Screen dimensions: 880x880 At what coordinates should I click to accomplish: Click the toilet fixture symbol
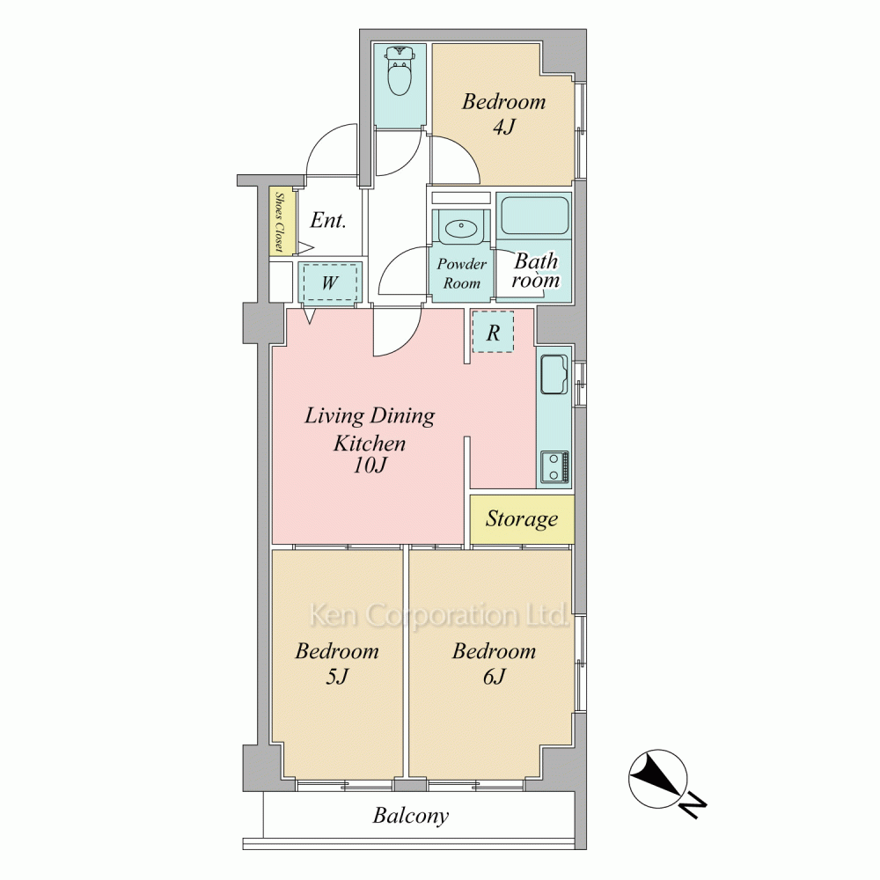400,71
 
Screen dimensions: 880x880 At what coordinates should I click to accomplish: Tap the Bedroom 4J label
504,114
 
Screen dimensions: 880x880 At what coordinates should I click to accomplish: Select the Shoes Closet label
279,223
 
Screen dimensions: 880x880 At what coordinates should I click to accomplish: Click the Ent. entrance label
327,220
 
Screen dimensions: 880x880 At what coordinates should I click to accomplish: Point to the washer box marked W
330,282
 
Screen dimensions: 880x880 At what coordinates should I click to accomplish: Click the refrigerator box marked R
493,333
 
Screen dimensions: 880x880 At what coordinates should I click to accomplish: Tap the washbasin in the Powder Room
461,228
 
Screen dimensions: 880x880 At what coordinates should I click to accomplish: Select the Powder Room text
462,274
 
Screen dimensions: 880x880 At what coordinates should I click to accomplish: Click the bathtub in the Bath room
534,216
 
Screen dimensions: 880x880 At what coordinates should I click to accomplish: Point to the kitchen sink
554,374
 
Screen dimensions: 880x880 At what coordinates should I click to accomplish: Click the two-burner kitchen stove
555,466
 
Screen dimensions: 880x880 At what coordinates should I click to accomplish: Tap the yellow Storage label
522,519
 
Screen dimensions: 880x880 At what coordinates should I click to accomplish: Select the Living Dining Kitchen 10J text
370,441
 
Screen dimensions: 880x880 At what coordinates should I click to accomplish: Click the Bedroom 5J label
337,664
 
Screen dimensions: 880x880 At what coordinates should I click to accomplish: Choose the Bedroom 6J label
495,664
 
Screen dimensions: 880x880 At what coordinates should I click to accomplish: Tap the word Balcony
411,816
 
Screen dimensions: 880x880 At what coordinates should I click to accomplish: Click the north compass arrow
658,779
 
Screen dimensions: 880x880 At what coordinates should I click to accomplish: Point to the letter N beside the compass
694,806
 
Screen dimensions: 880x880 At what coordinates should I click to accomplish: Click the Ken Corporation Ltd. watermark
439,615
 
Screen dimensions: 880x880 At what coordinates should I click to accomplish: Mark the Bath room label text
536,270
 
